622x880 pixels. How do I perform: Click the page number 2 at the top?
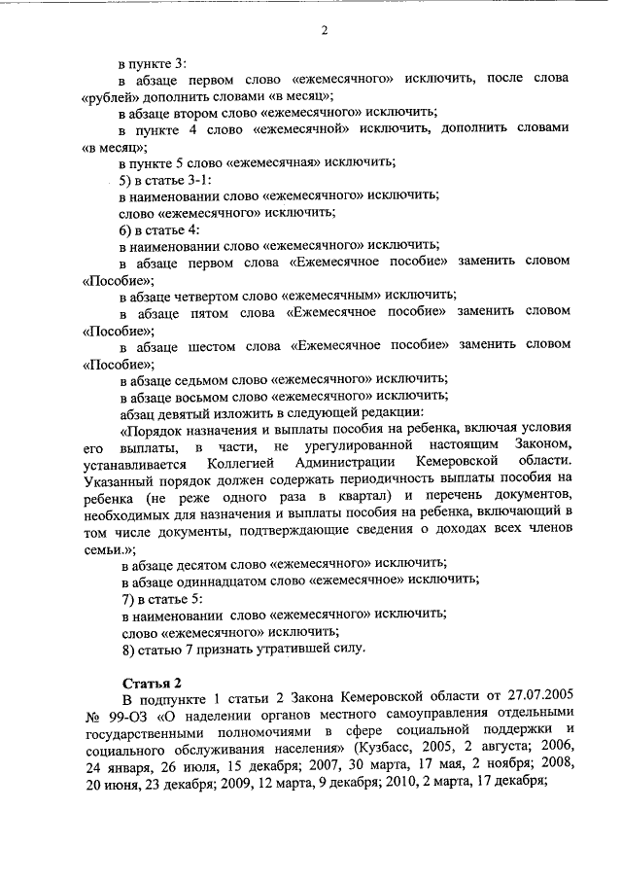325,30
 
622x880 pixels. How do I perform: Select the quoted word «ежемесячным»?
317,295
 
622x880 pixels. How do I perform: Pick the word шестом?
220,345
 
